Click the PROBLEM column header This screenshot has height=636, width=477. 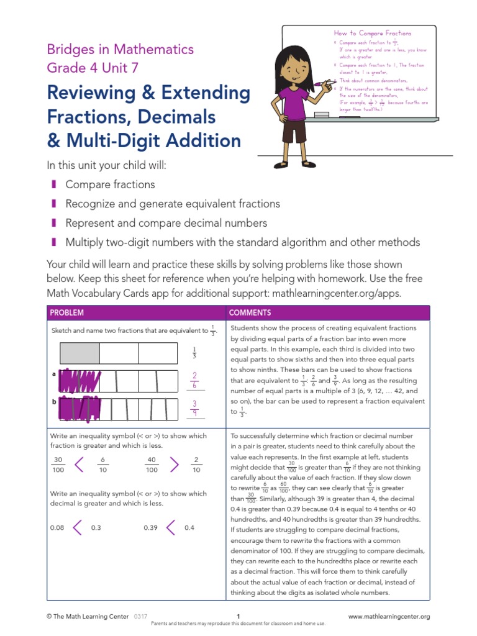click(67, 312)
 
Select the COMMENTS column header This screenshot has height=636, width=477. click(248, 312)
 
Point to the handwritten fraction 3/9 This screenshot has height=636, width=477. click(194, 408)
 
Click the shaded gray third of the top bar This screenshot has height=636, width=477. click(79, 353)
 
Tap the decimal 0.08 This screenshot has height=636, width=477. click(57, 528)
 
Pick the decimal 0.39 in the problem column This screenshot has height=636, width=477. click(151, 528)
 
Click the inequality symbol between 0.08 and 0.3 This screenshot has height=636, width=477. click(78, 527)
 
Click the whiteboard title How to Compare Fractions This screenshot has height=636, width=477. click(373, 33)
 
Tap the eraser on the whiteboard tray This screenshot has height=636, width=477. click(322, 115)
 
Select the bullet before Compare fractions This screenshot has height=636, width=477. click(54, 184)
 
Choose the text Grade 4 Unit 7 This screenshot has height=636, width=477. click(93, 68)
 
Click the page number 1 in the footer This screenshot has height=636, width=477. click(238, 616)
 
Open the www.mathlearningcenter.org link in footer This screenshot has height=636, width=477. click(389, 616)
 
